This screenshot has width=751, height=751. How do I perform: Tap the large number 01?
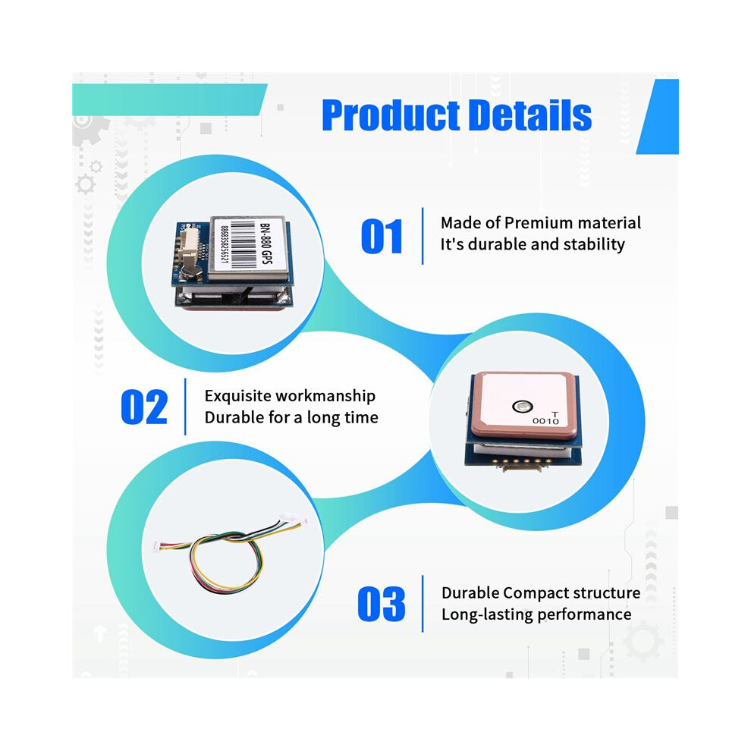click(382, 236)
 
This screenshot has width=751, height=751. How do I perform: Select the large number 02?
click(144, 407)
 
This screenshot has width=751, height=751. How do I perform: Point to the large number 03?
click(382, 604)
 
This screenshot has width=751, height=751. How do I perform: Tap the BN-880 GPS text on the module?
click(266, 244)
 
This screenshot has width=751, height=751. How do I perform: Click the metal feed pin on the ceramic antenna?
click(522, 407)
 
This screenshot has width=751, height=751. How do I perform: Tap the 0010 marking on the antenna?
click(545, 420)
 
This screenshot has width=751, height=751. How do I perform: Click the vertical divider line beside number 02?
click(185, 407)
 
